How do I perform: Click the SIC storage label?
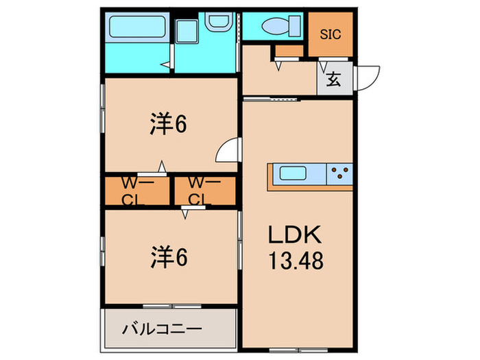(331, 34)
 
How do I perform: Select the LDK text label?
(295, 236)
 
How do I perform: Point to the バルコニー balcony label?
(162, 330)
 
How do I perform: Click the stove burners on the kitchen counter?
(339, 173)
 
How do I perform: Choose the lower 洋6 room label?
(169, 258)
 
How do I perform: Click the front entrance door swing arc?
(369, 75)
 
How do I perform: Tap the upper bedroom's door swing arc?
(228, 151)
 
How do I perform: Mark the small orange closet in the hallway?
(289, 51)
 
